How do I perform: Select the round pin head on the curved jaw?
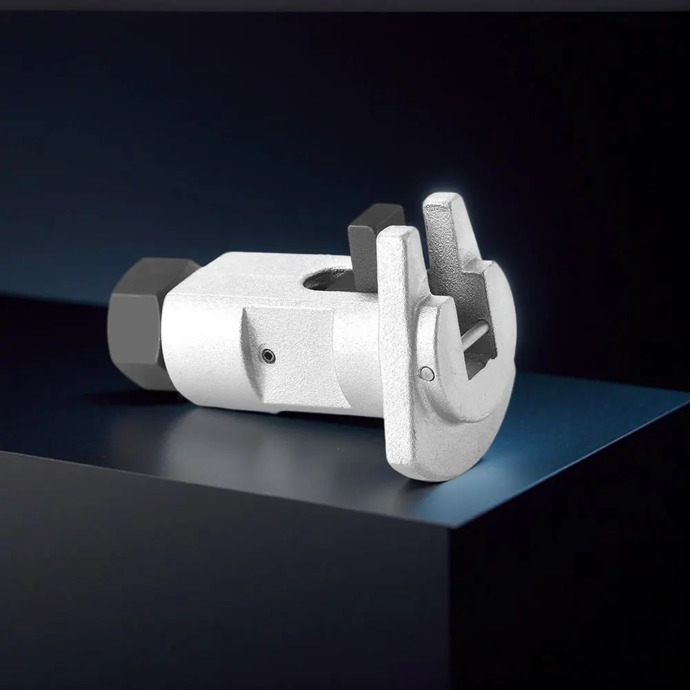point(427,374)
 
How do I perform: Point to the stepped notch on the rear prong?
point(458,265)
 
